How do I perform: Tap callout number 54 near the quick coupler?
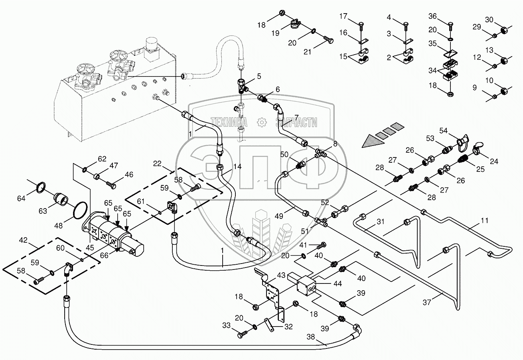[444, 130]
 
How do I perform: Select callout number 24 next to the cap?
[494, 161]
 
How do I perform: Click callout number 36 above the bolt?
[433, 16]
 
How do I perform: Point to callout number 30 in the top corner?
[489, 20]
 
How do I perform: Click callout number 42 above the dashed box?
[23, 240]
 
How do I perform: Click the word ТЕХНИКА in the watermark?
[229, 122]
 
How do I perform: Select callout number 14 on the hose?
[237, 166]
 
